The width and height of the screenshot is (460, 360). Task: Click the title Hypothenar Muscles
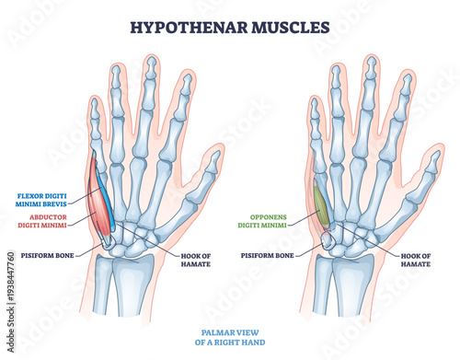tap(230, 26)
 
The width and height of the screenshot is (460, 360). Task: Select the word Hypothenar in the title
tap(188, 26)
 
